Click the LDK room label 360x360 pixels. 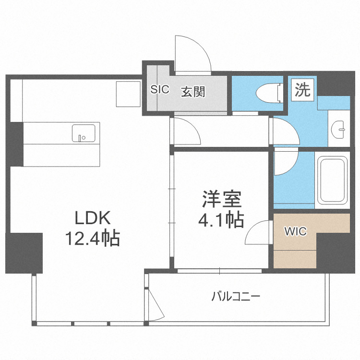pos(93,218)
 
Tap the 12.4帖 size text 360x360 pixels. pos(93,239)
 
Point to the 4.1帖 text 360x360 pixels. pos(221,220)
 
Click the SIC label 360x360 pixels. pos(159,90)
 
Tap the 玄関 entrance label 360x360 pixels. pos(193,91)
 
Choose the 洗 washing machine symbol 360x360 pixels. pos(303,90)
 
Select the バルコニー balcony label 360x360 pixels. pos(236,296)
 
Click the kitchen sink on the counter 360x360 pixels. pos(84,133)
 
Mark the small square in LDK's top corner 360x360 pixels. pos(128,95)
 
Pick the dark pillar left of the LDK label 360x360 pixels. pos(24,252)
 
